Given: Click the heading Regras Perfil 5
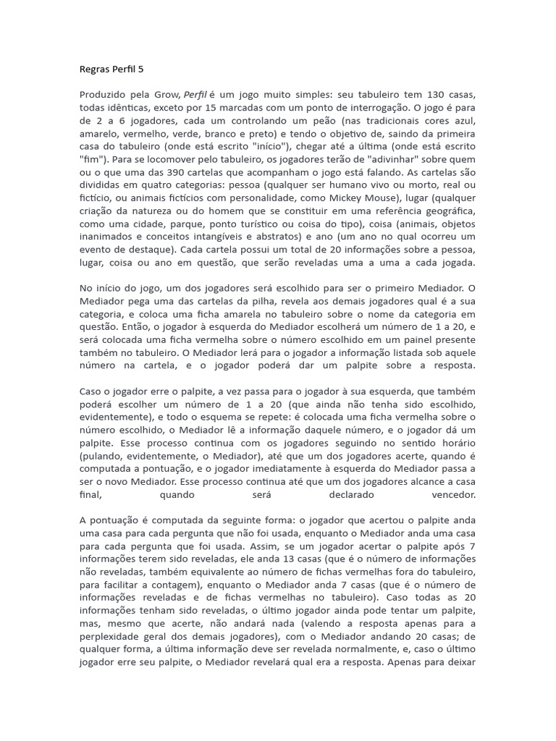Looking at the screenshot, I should [111, 70].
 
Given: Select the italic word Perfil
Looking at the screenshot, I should [195, 94].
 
